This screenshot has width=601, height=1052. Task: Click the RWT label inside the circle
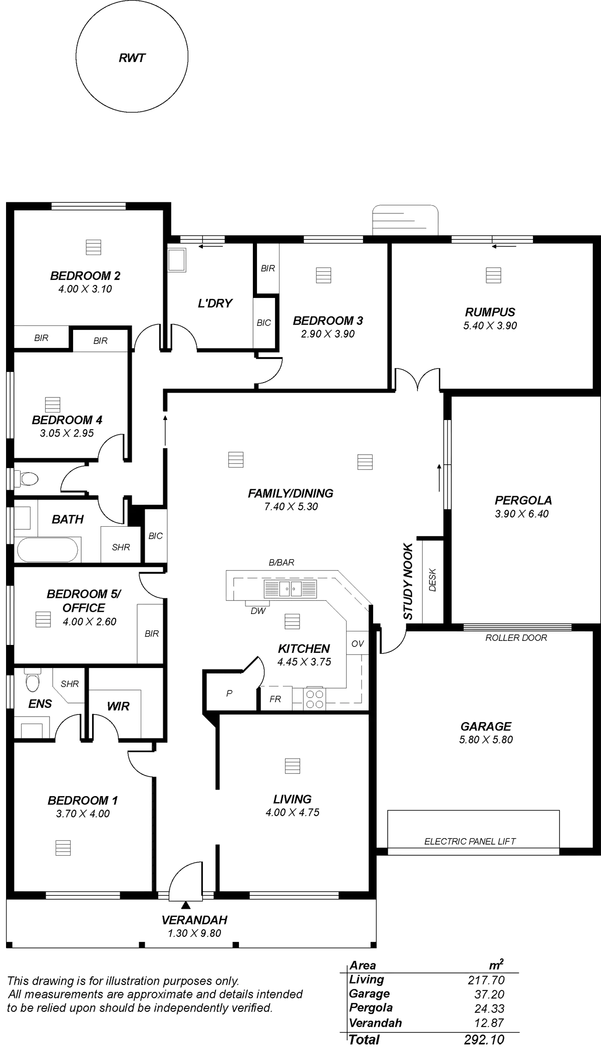pos(132,59)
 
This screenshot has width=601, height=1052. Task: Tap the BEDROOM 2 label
pos(85,275)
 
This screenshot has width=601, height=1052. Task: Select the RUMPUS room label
pos(490,312)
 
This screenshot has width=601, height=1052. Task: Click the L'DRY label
pos(215,303)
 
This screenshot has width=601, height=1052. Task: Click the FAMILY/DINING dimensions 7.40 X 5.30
pos(291,507)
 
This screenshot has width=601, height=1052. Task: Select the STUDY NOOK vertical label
pos(408,580)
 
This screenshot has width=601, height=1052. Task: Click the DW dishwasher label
pos(257,610)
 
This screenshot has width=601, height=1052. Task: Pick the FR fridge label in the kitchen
pos(275,699)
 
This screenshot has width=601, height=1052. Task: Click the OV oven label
pos(357,644)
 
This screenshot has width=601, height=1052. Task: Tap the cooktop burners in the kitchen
pos(315,698)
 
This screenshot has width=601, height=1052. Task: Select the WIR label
pos(119,707)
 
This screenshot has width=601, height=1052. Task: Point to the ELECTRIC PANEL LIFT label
pos(470,841)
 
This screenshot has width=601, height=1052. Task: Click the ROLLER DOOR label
pos(516,637)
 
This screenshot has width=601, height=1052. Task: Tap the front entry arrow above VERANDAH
pos(186,905)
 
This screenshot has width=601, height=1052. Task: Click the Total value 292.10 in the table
pos(484,1039)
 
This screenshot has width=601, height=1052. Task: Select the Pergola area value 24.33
pos(489,1008)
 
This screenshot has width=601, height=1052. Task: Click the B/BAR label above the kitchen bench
pos(281,563)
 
